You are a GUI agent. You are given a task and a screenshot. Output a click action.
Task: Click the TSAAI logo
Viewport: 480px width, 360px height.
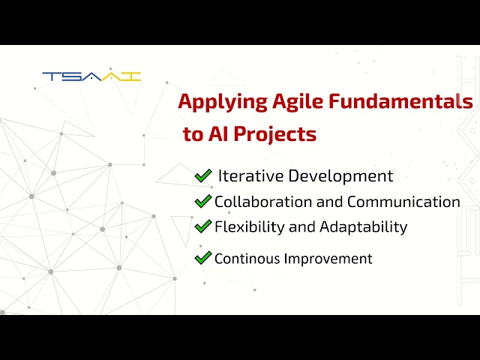click(91, 76)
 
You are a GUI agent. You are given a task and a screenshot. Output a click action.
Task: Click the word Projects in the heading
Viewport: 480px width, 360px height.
click(275, 135)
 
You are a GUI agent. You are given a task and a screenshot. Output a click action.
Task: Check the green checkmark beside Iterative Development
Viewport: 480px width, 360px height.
click(202, 175)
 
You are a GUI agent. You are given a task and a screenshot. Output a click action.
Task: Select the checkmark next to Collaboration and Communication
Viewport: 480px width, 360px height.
click(202, 201)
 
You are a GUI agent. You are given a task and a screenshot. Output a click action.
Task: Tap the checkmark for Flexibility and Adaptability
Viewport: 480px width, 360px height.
click(202, 226)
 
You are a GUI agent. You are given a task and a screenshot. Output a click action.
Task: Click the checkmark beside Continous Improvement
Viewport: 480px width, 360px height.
click(202, 258)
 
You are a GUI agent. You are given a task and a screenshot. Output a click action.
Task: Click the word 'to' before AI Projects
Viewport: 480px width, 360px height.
click(193, 135)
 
